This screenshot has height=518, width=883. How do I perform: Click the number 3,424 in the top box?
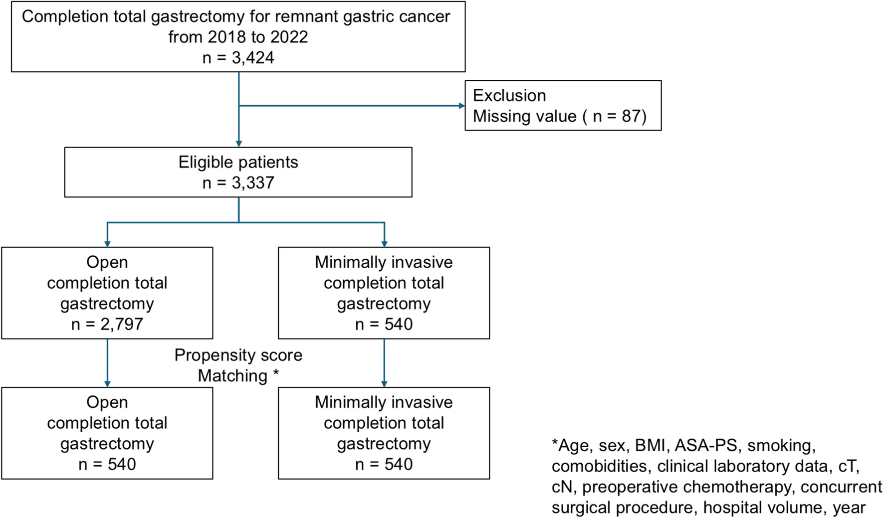coord(253,58)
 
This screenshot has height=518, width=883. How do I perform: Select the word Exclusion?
coord(509,95)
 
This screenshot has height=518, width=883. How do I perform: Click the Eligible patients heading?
coord(238,162)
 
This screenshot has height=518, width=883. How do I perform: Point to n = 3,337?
coord(238,183)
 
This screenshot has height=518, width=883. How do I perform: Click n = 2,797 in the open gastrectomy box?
coord(107,325)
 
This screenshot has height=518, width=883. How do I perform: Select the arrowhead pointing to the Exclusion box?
coord(461,106)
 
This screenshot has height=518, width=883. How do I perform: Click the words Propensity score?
coord(238,355)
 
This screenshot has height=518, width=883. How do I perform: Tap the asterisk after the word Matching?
coord(275,374)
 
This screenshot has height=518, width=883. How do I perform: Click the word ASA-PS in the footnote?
coord(705,445)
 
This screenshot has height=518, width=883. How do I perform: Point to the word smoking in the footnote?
coord(781,445)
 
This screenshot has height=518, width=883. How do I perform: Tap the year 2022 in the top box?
coord(289,37)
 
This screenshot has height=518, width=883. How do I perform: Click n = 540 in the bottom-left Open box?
coord(107,465)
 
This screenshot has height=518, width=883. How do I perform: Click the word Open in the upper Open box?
coord(107,262)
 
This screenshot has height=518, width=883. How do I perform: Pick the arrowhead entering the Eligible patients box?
coord(239,144)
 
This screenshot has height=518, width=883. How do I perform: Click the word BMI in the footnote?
coord(650,445)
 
